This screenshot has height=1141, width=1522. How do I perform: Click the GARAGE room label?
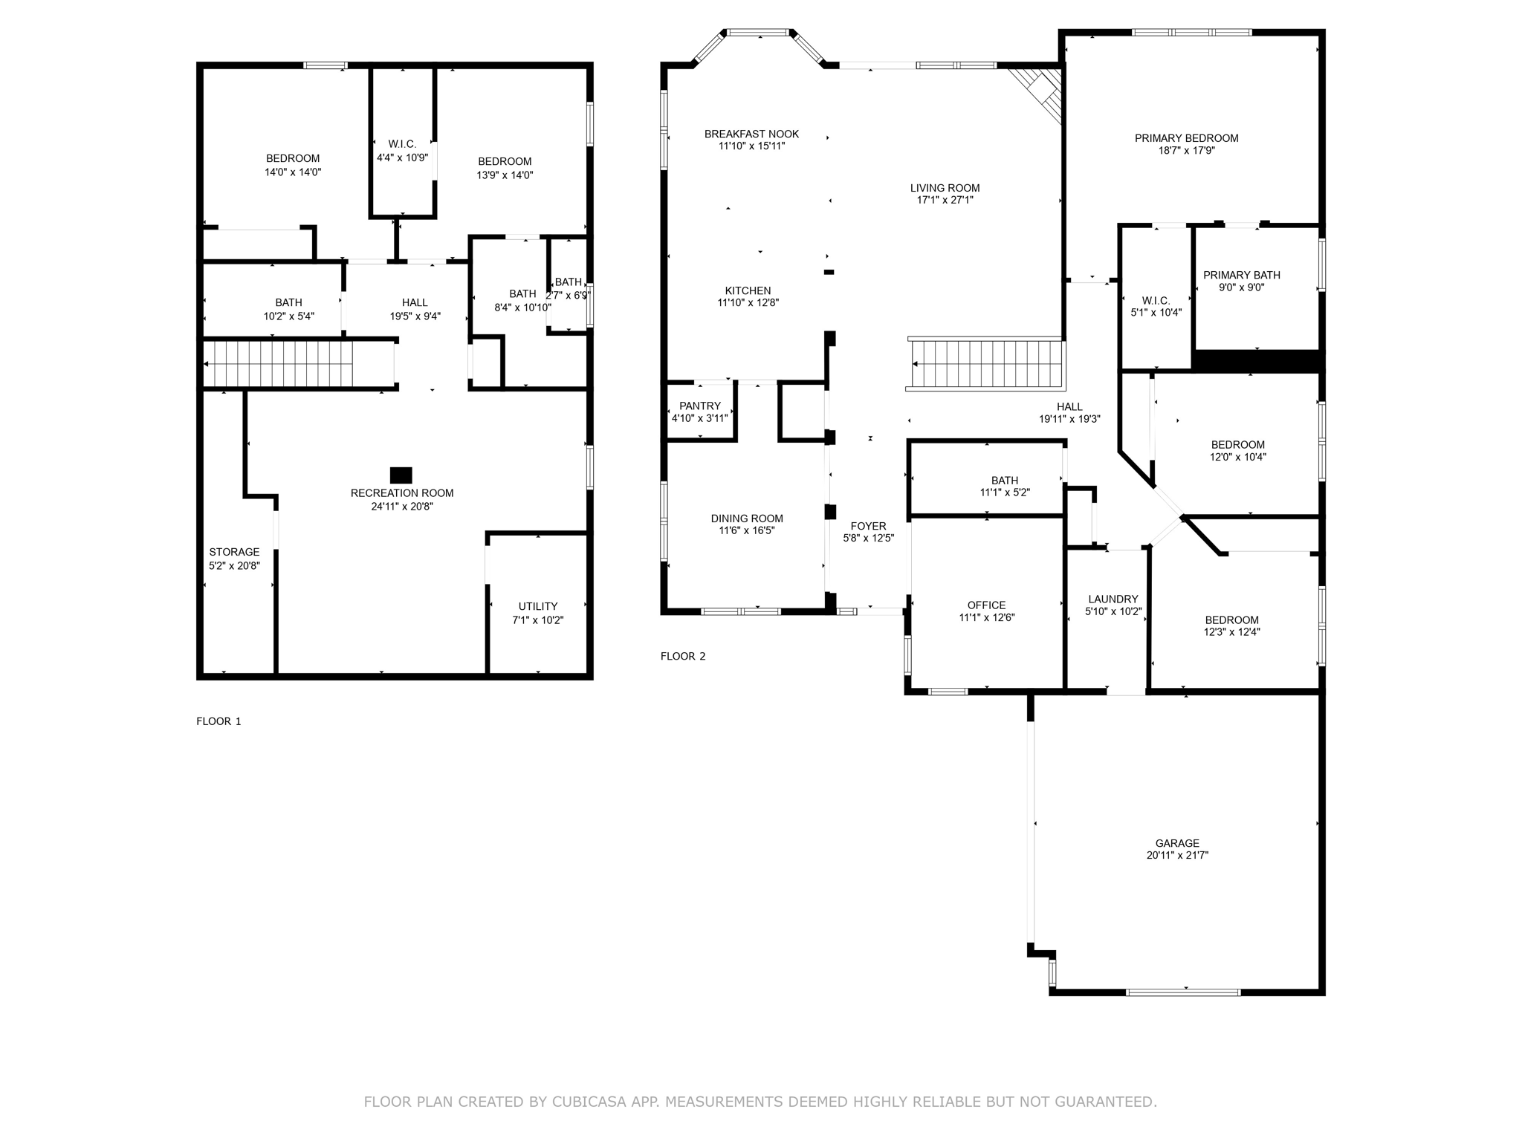(x=1177, y=843)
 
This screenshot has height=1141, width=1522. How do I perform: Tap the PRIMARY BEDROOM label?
(x=1186, y=138)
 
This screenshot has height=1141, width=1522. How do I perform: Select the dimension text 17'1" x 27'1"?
(x=945, y=200)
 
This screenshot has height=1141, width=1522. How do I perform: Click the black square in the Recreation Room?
(x=401, y=475)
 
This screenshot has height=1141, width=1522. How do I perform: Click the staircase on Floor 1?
(x=297, y=364)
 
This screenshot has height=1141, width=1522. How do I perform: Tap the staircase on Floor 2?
(x=985, y=364)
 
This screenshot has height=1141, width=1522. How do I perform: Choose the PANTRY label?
(x=699, y=406)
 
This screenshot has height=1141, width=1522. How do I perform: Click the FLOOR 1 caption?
(x=218, y=721)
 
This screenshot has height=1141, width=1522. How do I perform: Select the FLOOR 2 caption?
(x=683, y=656)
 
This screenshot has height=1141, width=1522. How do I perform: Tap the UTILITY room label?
(x=538, y=606)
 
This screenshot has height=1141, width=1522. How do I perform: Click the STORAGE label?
(x=234, y=552)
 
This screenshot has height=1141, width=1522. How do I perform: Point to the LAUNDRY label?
(x=1113, y=599)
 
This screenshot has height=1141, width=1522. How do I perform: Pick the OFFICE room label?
(x=986, y=605)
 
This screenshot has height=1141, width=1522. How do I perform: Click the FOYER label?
(x=868, y=526)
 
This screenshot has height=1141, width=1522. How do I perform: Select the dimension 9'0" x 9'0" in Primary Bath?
(x=1241, y=287)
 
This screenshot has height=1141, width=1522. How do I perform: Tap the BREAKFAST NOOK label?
(x=751, y=134)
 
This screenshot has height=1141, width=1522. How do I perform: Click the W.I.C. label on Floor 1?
(x=402, y=144)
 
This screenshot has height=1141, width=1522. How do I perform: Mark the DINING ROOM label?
(x=747, y=519)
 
